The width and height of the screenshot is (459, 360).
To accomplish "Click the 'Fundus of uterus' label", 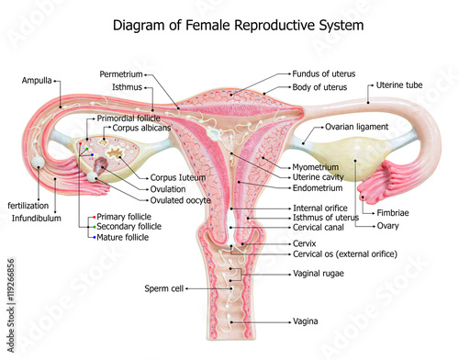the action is coord(324,73).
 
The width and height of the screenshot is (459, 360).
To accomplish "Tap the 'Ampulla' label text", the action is coord(37,81).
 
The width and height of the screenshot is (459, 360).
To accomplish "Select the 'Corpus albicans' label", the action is coord(141,128).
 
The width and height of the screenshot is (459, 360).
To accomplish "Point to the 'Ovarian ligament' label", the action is coord(356,127).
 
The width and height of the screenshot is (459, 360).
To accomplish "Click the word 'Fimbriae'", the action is coord(393,213).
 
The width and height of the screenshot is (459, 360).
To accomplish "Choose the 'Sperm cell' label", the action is coord(164,288).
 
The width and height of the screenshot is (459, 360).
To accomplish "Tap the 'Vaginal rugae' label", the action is coord(319,274).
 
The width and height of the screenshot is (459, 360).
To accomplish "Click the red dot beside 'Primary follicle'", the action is coord(95,217).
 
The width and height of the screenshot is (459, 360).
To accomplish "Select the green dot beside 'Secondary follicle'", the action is coord(95,227).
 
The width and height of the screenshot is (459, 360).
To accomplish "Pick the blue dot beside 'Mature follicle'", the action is coord(95,238).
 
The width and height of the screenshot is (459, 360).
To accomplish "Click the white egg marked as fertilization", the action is coord(39,163).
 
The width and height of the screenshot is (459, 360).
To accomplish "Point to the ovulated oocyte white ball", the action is coord(92,176).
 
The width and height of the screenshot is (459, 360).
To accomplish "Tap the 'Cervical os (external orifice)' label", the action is coord(345,254).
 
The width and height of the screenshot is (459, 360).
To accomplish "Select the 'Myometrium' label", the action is coord(316,167).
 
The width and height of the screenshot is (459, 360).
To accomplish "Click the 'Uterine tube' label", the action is coord(399,85).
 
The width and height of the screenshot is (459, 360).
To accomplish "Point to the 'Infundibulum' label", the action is coord(37,219).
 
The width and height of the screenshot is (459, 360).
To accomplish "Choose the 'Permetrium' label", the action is coord(121,74).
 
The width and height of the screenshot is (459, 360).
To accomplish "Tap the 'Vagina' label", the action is coord(305,321).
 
